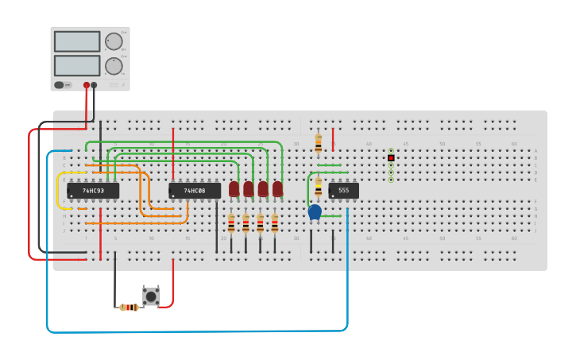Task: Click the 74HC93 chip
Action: click(x=93, y=191)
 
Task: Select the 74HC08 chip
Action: click(x=195, y=191)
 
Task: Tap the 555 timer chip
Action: click(x=343, y=191)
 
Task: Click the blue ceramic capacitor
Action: click(x=315, y=211)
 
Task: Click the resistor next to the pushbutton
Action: click(x=129, y=307)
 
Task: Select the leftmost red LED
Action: click(x=234, y=188)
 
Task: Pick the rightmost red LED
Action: click(x=277, y=188)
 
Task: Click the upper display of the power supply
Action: click(x=77, y=41)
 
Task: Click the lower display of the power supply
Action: click(x=77, y=65)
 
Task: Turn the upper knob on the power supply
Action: click(x=114, y=41)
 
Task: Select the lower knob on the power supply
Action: click(x=114, y=66)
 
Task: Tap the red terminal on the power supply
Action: click(x=87, y=85)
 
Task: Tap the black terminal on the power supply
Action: click(x=94, y=85)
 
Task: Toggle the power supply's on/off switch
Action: click(x=60, y=85)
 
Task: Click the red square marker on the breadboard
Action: click(x=391, y=158)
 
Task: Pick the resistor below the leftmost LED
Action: click(x=231, y=223)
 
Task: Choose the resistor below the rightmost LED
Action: click(x=275, y=223)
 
